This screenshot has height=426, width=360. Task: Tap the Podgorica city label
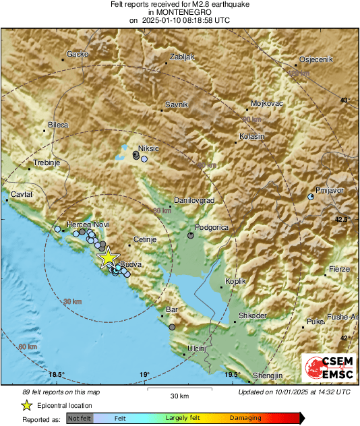point(212,228)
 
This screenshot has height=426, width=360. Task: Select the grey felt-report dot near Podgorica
point(191,236)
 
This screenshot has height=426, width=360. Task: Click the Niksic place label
point(148,148)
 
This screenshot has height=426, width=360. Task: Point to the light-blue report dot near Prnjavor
point(310,197)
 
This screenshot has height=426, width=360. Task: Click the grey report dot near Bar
point(173,327)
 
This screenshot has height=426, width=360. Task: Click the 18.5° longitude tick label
point(57,375)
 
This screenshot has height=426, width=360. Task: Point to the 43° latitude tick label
point(344,100)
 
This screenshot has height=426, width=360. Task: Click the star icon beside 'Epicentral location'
point(27,405)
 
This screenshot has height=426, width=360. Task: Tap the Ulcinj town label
point(196,348)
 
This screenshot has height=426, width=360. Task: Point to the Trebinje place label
point(48,164)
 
